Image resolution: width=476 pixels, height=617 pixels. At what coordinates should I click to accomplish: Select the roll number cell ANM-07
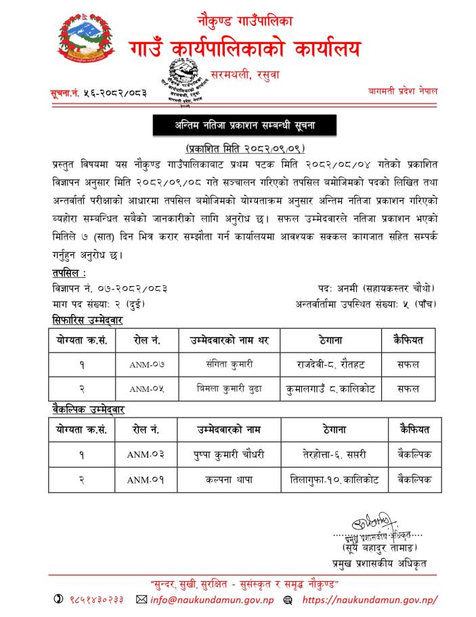[147, 364]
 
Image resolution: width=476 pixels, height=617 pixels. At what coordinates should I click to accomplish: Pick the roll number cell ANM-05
[147, 389]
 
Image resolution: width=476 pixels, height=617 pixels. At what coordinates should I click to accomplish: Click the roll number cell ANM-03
[146, 454]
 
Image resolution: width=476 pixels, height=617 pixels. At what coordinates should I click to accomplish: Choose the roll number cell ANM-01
[146, 479]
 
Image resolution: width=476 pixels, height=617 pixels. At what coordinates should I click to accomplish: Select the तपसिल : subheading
[68, 273]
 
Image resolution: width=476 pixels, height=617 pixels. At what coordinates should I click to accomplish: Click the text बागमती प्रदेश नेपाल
[403, 90]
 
